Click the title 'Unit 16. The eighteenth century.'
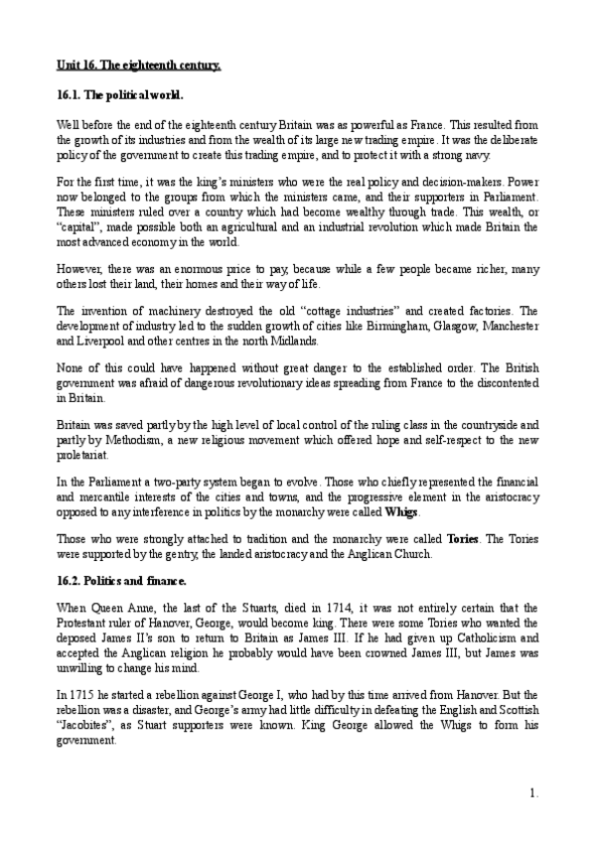[137, 67]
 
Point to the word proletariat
[81, 458]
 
